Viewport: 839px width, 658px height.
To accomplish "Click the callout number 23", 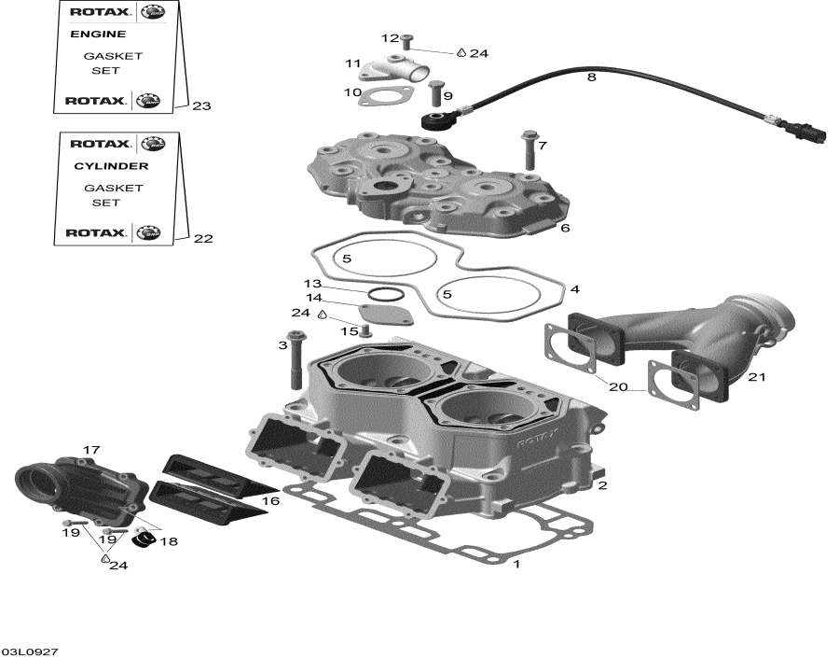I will coord(201,106).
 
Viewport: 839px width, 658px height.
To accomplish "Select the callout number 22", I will coord(203,239).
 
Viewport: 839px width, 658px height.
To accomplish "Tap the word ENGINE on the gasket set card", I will coord(98,35).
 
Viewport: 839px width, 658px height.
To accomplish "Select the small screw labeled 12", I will coord(407,40).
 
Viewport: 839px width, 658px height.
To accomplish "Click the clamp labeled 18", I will coord(143,540).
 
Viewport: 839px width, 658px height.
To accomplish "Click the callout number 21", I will coord(756,377).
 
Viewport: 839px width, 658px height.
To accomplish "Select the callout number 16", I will coord(270,501).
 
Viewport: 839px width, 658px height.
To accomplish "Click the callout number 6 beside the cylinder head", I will coord(565,228).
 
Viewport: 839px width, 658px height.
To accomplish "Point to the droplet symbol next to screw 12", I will coord(461,53).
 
